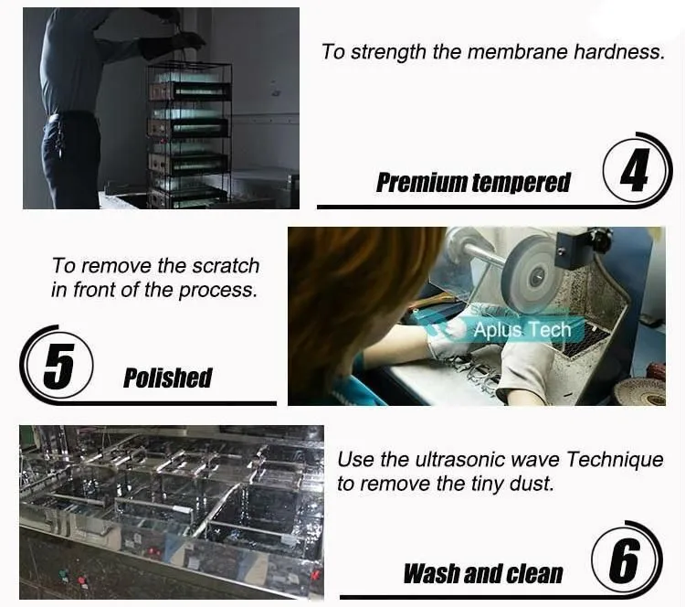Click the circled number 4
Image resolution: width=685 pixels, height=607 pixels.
(x=635, y=170)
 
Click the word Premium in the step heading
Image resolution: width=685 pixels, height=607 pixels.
(x=422, y=182)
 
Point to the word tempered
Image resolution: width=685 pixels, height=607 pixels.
(x=522, y=183)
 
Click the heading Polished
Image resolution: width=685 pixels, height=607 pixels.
(x=168, y=378)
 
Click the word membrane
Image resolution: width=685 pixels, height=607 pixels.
(x=517, y=51)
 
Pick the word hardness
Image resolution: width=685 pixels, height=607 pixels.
(x=618, y=51)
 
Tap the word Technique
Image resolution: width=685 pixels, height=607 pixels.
(x=615, y=459)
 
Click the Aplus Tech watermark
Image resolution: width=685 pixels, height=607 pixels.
(x=522, y=329)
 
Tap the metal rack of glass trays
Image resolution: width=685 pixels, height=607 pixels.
(x=189, y=134)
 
